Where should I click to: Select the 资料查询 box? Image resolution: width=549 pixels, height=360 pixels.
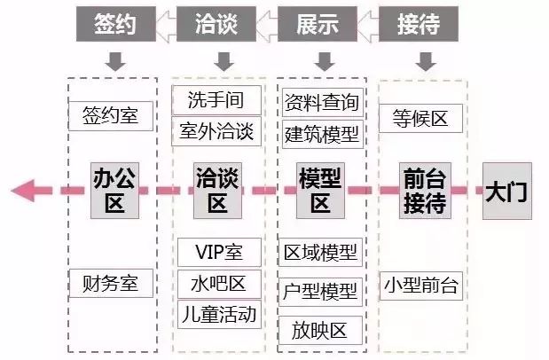(321, 103)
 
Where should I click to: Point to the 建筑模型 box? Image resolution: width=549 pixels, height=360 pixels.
(321, 134)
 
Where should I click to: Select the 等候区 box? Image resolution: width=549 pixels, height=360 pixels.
(420, 117)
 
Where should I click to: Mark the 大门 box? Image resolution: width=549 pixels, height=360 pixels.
(506, 190)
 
